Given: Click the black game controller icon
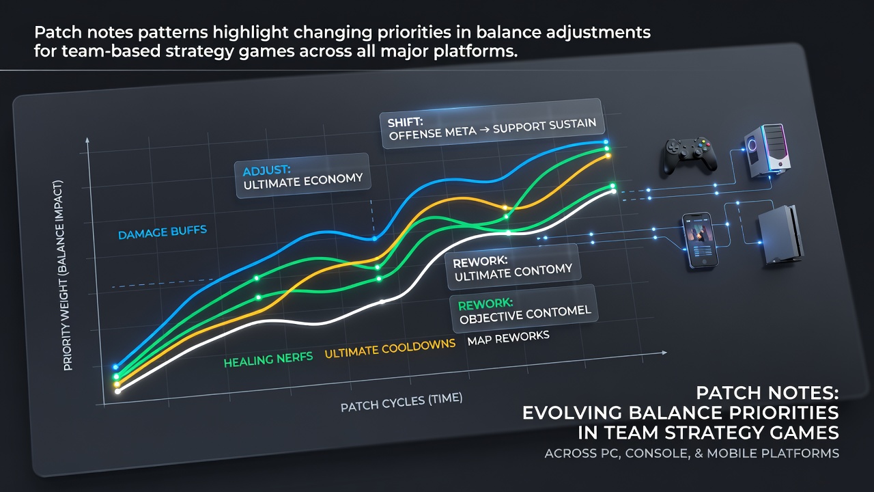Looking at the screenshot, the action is click(690, 156).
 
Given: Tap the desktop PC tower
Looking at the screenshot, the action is click(766, 151).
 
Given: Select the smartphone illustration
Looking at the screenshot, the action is click(701, 240).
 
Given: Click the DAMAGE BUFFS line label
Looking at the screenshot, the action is click(163, 232).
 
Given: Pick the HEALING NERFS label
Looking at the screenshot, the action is click(268, 359).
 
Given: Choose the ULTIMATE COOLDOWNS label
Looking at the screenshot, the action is click(390, 348).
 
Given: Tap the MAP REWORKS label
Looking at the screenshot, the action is click(509, 338).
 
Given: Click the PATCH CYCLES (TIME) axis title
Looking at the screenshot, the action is click(401, 402).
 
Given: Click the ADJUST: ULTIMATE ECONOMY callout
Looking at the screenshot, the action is click(302, 176).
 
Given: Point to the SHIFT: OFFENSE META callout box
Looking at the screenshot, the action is click(492, 124).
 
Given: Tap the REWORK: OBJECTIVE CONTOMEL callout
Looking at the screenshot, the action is click(524, 310).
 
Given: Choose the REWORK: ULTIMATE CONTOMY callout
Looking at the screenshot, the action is click(513, 267).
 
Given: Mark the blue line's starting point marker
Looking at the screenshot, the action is click(115, 367).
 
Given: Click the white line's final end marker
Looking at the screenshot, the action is click(614, 191).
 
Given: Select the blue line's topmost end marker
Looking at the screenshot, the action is click(606, 142).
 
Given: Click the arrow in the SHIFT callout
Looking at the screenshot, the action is click(485, 130).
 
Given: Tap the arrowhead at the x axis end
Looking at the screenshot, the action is click(664, 353).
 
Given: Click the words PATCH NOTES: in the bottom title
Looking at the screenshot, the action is click(767, 393).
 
